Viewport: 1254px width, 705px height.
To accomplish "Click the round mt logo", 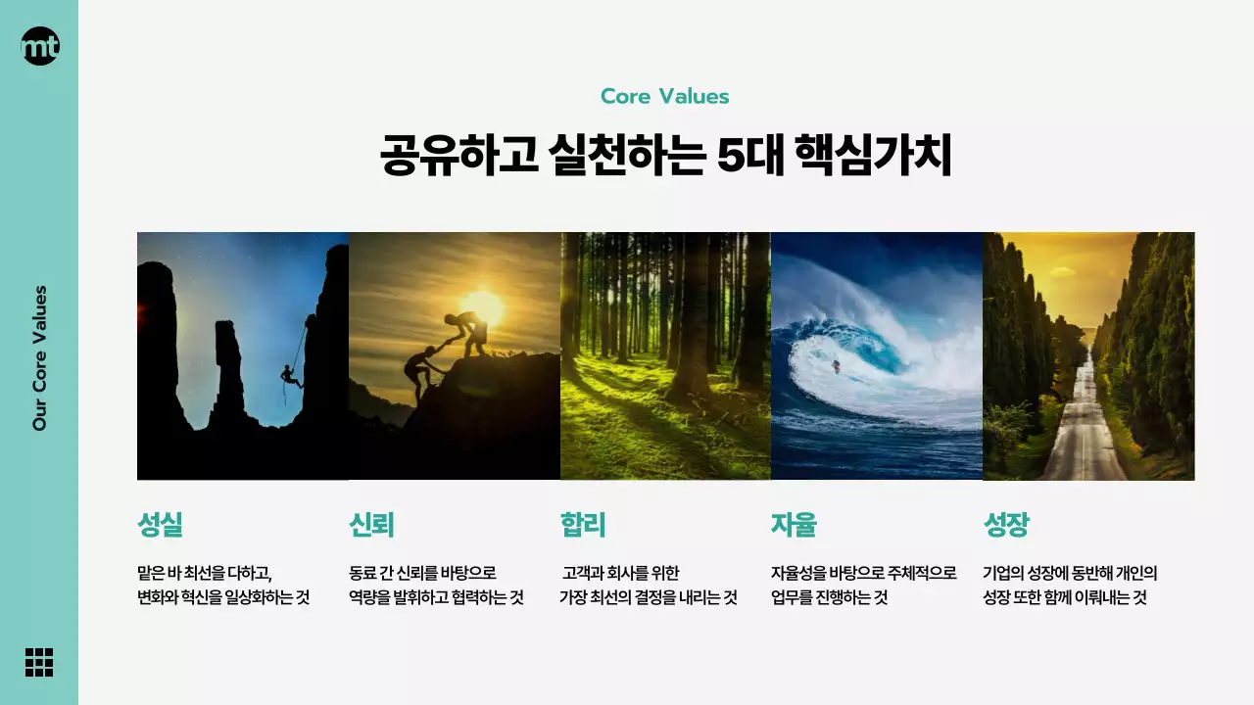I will (x=40, y=46).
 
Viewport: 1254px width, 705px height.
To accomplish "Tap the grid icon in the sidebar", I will (x=39, y=662).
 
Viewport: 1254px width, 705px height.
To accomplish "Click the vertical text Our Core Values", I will (x=40, y=358).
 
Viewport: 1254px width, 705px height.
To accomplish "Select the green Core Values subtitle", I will (x=664, y=96).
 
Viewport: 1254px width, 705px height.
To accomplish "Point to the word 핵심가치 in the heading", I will (x=876, y=157).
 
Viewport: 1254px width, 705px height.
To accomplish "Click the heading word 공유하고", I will (x=458, y=157).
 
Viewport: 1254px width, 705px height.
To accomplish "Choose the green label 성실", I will (x=160, y=526).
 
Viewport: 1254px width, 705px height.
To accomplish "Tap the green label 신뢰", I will (x=371, y=526).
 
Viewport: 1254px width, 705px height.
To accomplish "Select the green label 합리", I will (x=583, y=526).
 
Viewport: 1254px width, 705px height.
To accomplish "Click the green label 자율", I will (x=794, y=526).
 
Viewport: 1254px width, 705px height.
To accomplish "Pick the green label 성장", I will (x=1006, y=526).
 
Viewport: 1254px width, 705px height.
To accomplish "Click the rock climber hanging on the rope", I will (x=289, y=375).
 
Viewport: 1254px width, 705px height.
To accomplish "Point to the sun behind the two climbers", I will (x=482, y=307).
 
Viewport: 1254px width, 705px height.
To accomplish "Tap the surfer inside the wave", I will (x=836, y=366).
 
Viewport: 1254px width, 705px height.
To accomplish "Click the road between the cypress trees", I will (x=1082, y=431).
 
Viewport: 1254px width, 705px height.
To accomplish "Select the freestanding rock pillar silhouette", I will (x=228, y=372).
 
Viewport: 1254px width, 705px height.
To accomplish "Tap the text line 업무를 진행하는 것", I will (x=829, y=598).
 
